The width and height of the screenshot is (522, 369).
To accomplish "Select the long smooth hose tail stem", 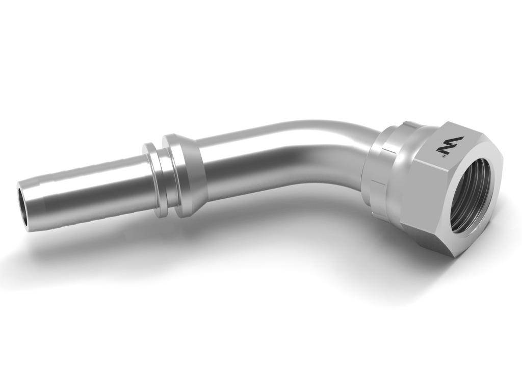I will [102, 189].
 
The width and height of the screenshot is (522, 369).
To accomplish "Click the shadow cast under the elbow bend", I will [306, 214].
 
